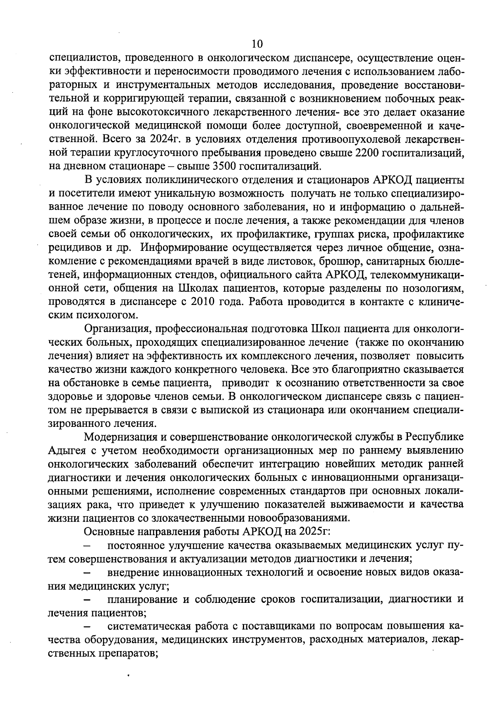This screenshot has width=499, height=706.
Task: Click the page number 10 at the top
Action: (x=257, y=44)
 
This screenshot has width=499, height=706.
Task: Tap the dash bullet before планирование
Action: (x=88, y=600)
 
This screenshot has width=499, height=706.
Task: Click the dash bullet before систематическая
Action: (x=88, y=627)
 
